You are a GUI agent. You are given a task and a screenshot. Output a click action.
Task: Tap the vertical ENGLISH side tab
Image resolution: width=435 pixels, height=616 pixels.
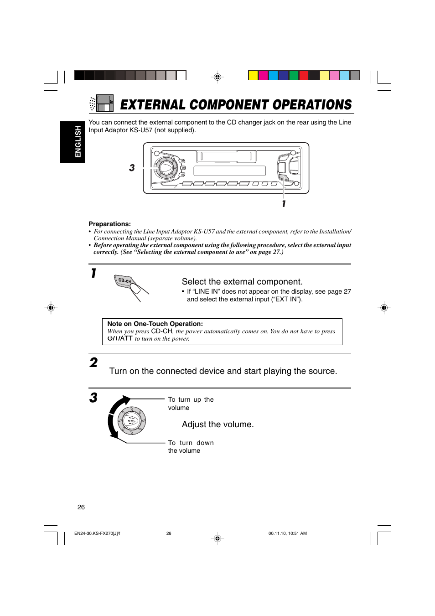(x=78, y=142)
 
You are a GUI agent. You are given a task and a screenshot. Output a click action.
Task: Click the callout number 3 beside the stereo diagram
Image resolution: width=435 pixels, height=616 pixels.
(x=132, y=168)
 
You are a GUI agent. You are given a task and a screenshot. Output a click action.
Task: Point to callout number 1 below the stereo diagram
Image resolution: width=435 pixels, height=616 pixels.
(x=284, y=204)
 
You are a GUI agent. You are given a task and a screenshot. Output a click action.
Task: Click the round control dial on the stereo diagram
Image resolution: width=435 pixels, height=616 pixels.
(x=165, y=168)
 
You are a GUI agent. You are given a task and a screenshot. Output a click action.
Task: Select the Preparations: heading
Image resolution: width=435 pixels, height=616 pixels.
(x=109, y=224)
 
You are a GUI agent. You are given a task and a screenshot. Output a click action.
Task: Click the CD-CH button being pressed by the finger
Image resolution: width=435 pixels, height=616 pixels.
(x=124, y=281)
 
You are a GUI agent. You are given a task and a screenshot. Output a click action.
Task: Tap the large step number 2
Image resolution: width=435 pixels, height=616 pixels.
(x=93, y=362)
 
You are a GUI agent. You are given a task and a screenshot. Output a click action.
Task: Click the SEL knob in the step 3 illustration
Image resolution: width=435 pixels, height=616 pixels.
(x=131, y=420)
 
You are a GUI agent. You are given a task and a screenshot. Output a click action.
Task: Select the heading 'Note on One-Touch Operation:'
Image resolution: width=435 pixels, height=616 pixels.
(x=155, y=324)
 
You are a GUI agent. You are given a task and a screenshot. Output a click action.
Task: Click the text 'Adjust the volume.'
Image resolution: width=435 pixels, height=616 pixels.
(x=217, y=424)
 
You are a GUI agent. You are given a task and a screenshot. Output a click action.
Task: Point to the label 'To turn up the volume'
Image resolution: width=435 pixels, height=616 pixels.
(x=190, y=404)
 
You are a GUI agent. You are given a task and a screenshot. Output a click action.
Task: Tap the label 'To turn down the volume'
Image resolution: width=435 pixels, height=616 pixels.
(x=191, y=447)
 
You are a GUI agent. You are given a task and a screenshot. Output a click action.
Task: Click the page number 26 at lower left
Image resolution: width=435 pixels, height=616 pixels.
(x=81, y=507)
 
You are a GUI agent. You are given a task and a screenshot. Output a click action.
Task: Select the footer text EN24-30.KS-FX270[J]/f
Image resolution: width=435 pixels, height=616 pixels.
(x=97, y=533)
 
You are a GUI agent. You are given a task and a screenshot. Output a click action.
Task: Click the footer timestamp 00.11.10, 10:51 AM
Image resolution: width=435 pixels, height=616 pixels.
(x=287, y=533)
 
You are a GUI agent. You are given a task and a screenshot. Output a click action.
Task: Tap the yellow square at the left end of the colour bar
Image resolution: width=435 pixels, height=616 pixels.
(x=253, y=75)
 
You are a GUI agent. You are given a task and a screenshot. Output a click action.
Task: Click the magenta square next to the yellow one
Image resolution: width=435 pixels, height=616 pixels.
(x=263, y=75)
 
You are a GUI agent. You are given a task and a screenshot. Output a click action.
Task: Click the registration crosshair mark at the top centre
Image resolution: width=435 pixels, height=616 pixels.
(x=217, y=77)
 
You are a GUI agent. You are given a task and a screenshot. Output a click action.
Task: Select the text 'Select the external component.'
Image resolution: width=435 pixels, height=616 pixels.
(x=242, y=282)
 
